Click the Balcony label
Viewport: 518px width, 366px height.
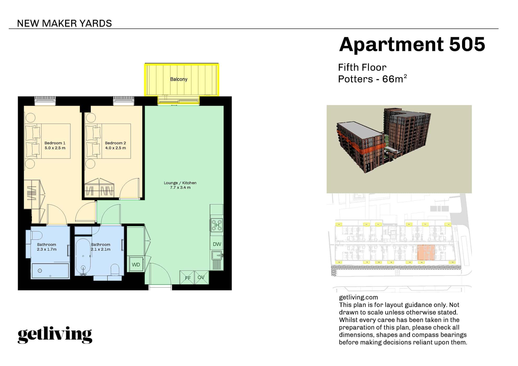(x=179, y=79)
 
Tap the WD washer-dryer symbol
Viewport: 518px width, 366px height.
(x=136, y=265)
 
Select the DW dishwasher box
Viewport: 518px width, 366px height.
(x=217, y=244)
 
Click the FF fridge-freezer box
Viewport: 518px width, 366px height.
(x=187, y=278)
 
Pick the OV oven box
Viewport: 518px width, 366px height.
(x=201, y=277)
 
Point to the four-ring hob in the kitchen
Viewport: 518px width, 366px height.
(x=217, y=225)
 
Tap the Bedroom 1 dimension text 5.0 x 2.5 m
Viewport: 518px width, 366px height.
(x=55, y=148)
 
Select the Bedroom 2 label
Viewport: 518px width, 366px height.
(x=115, y=143)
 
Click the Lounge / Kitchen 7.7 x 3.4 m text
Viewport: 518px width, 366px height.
(x=180, y=185)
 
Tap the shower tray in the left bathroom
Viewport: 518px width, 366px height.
(x=50, y=271)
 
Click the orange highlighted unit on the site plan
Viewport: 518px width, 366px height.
(x=426, y=252)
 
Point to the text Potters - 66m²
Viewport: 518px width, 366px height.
(x=372, y=79)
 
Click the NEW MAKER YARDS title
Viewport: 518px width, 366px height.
(x=64, y=24)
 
